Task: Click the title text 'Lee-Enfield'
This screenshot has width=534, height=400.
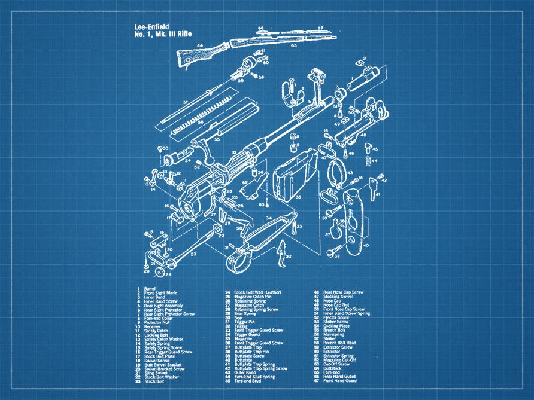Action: coord(152,26)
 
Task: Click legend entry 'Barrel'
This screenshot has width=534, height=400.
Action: coord(149,289)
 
